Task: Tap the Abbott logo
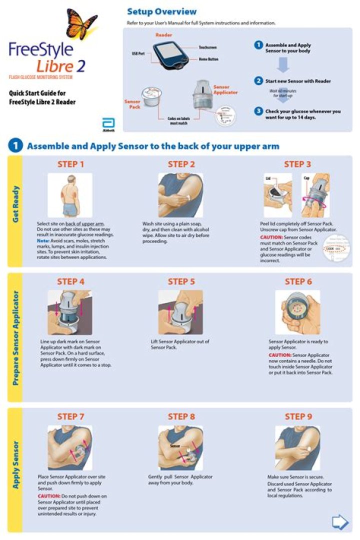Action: click(x=108, y=124)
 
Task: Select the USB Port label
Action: click(x=138, y=52)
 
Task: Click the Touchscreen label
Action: click(x=207, y=46)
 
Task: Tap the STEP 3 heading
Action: click(x=297, y=164)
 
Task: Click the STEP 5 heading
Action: click(x=181, y=281)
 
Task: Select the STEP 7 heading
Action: click(x=70, y=416)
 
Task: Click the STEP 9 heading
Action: click(x=298, y=416)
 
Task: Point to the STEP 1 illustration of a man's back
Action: click(x=70, y=195)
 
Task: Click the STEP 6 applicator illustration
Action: click(x=298, y=311)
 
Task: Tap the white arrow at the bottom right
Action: click(x=340, y=522)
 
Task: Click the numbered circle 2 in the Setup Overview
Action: click(x=258, y=80)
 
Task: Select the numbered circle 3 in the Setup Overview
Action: click(x=258, y=111)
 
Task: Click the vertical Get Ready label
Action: click(x=15, y=205)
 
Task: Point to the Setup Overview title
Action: click(x=161, y=11)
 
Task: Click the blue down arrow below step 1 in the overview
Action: click(x=283, y=64)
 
